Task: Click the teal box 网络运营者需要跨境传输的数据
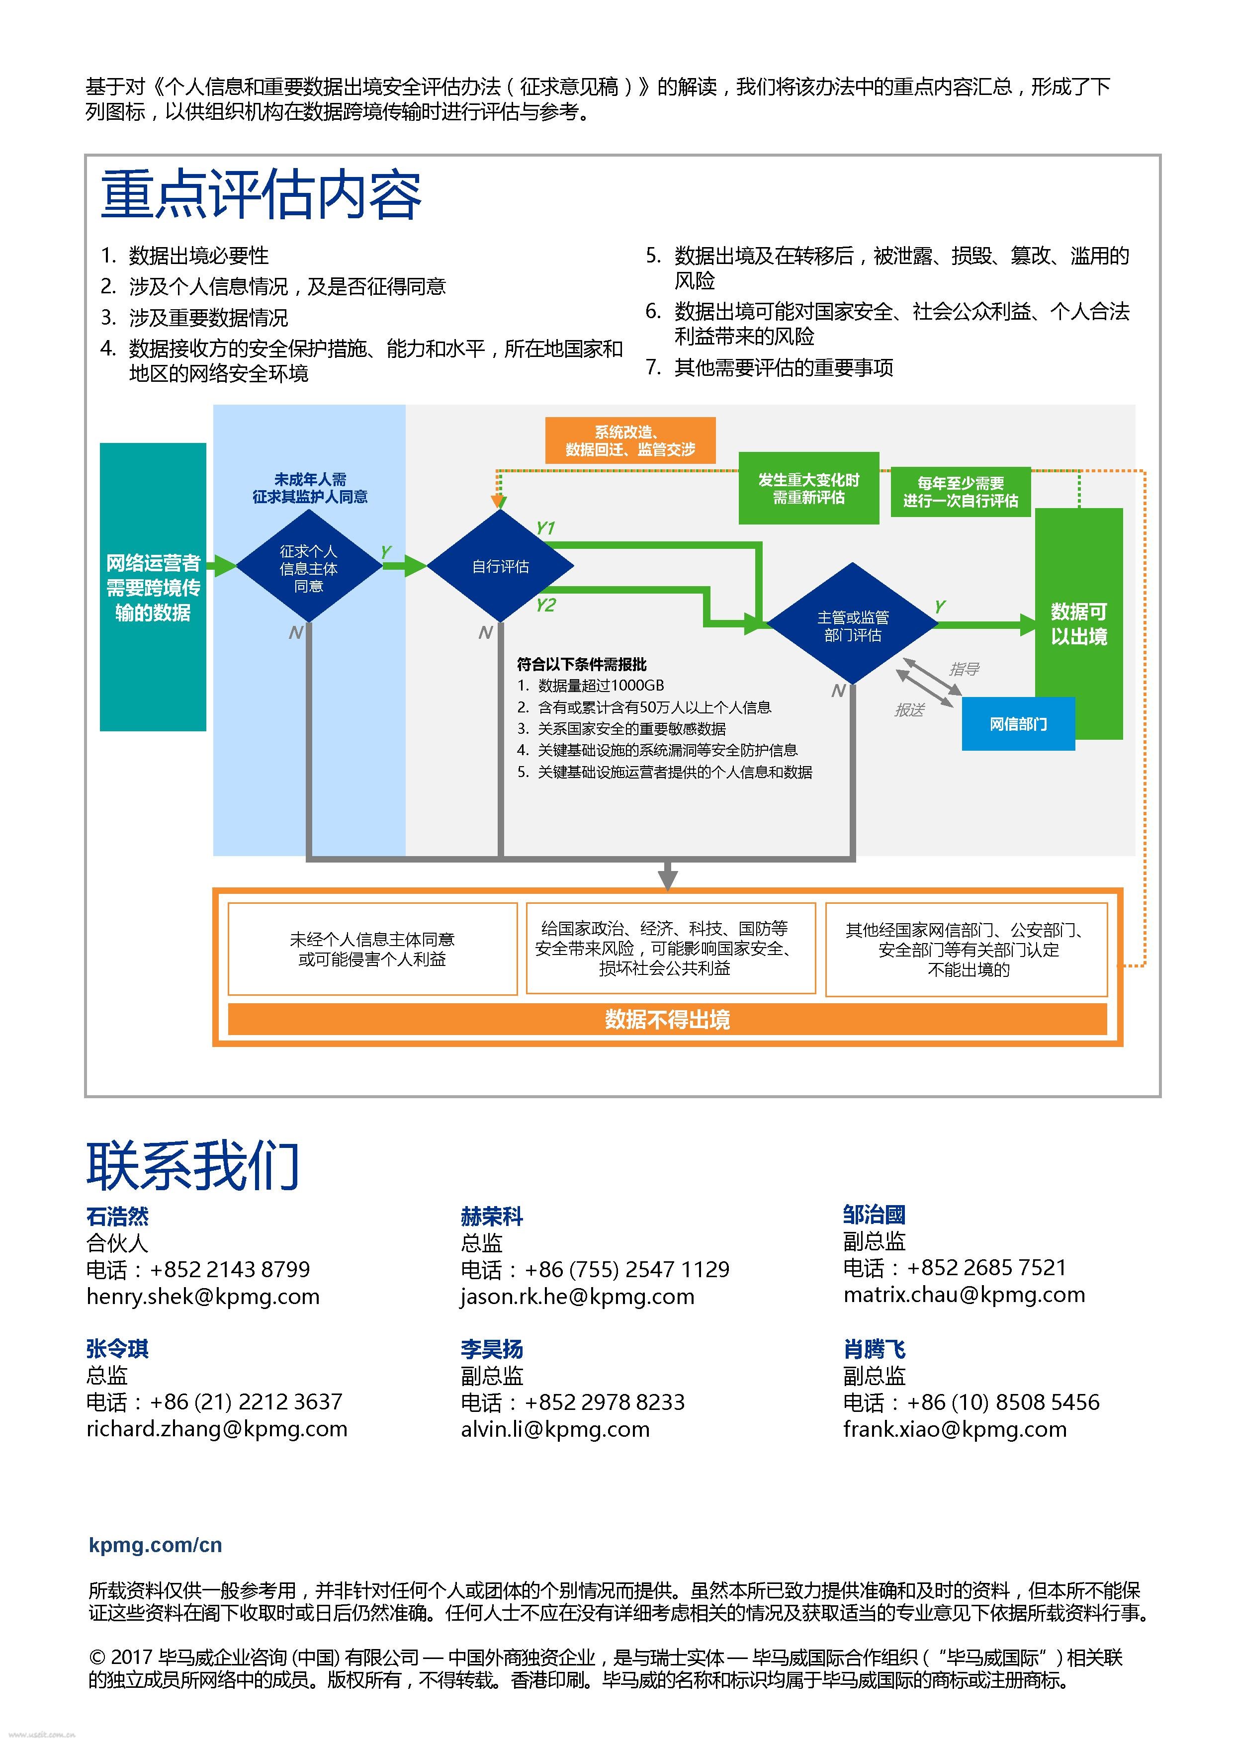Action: click(153, 587)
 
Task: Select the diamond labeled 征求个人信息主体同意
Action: click(308, 567)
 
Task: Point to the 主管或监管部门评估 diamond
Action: click(852, 625)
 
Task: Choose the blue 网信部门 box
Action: click(1018, 724)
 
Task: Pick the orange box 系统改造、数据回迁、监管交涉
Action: click(630, 440)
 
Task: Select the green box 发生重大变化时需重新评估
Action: click(808, 488)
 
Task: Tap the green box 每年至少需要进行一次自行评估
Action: click(960, 492)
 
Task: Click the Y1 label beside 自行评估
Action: click(545, 528)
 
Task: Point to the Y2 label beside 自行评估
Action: click(545, 606)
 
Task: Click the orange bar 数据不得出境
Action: click(667, 1019)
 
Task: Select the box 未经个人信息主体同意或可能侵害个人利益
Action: click(372, 949)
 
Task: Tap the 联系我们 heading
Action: click(193, 1166)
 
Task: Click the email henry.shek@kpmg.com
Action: click(203, 1297)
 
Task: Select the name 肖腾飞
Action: click(875, 1349)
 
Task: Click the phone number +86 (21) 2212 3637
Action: click(246, 1401)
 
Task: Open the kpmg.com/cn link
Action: click(155, 1544)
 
